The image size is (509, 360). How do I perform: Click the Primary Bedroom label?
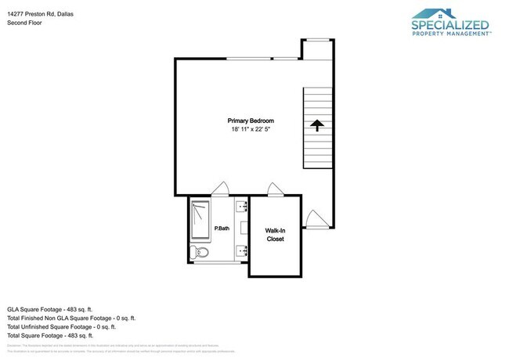point(251,121)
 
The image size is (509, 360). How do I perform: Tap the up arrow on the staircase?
point(317,127)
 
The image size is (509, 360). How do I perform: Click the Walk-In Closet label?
point(274,235)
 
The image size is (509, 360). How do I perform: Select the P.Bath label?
point(222,229)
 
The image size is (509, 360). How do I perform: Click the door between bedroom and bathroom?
point(220,189)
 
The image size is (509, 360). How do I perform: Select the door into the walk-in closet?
point(274,189)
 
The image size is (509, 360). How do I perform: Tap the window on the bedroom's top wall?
point(285,58)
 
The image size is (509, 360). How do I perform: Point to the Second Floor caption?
point(24,23)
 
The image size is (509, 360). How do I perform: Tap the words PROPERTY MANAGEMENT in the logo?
point(450,34)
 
